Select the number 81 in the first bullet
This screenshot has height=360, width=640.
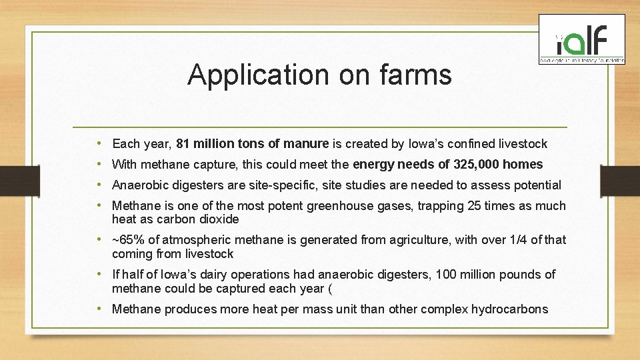[183, 143]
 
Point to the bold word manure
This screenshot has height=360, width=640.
[306, 143]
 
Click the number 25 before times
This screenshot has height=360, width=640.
[475, 205]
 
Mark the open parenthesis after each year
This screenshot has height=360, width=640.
[329, 288]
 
